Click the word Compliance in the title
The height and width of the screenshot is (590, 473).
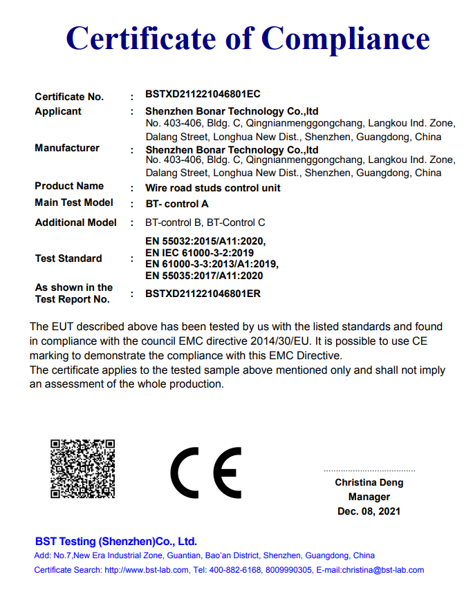(x=346, y=39)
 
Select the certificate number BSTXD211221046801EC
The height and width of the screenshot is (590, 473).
(x=203, y=94)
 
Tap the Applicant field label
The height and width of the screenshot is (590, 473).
(x=58, y=111)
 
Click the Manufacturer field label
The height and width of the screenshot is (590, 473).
(x=67, y=148)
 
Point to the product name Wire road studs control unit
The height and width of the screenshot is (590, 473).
(x=213, y=187)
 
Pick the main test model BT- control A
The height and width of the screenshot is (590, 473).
(x=177, y=204)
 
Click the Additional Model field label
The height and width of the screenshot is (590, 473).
(x=76, y=222)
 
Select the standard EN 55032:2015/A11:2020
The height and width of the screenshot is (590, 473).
(x=205, y=241)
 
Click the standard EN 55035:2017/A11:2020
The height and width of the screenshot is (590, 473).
(x=204, y=276)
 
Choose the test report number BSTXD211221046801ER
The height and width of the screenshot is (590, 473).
(x=203, y=294)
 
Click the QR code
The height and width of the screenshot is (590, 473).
(x=82, y=468)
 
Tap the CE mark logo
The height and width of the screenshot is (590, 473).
(x=205, y=473)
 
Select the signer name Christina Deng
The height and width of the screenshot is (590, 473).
(x=369, y=482)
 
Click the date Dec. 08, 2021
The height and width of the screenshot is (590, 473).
(x=369, y=511)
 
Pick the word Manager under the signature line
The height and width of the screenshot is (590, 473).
(x=369, y=497)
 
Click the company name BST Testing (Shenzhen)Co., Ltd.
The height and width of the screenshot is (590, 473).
(x=116, y=541)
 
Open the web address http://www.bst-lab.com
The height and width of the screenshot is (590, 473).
(x=147, y=570)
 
